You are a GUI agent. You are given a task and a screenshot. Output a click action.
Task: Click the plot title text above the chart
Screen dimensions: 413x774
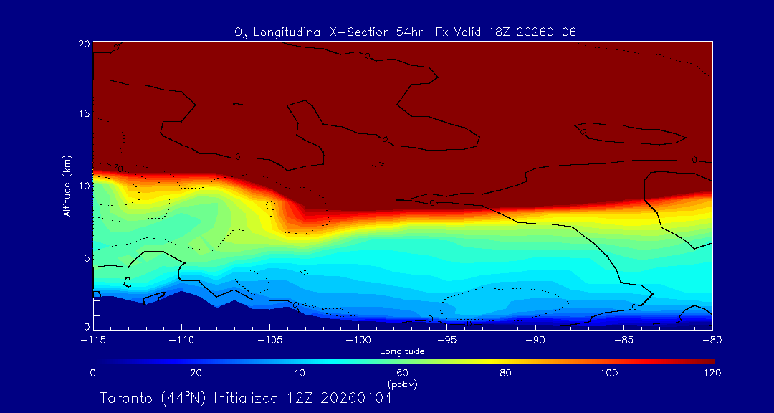pyautogui.click(x=406, y=32)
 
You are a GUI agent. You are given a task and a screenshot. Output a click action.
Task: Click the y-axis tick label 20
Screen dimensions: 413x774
pyautogui.click(x=84, y=44)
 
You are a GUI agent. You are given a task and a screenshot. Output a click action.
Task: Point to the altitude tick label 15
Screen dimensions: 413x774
pyautogui.click(x=84, y=115)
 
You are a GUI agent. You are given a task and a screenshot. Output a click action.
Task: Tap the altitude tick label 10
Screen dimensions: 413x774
pyautogui.click(x=84, y=186)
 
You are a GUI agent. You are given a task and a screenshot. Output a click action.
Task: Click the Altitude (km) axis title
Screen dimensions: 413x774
pyautogui.click(x=67, y=186)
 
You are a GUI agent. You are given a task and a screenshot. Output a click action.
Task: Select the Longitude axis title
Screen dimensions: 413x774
pyautogui.click(x=403, y=351)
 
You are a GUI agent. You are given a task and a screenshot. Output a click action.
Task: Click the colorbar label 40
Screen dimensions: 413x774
pyautogui.click(x=300, y=373)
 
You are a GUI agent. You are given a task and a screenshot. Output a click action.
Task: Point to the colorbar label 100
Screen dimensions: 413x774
pyautogui.click(x=609, y=373)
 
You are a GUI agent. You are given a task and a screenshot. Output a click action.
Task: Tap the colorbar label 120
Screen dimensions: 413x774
pyautogui.click(x=712, y=373)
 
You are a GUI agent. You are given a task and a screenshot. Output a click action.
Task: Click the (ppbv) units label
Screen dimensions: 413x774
pyautogui.click(x=403, y=384)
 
